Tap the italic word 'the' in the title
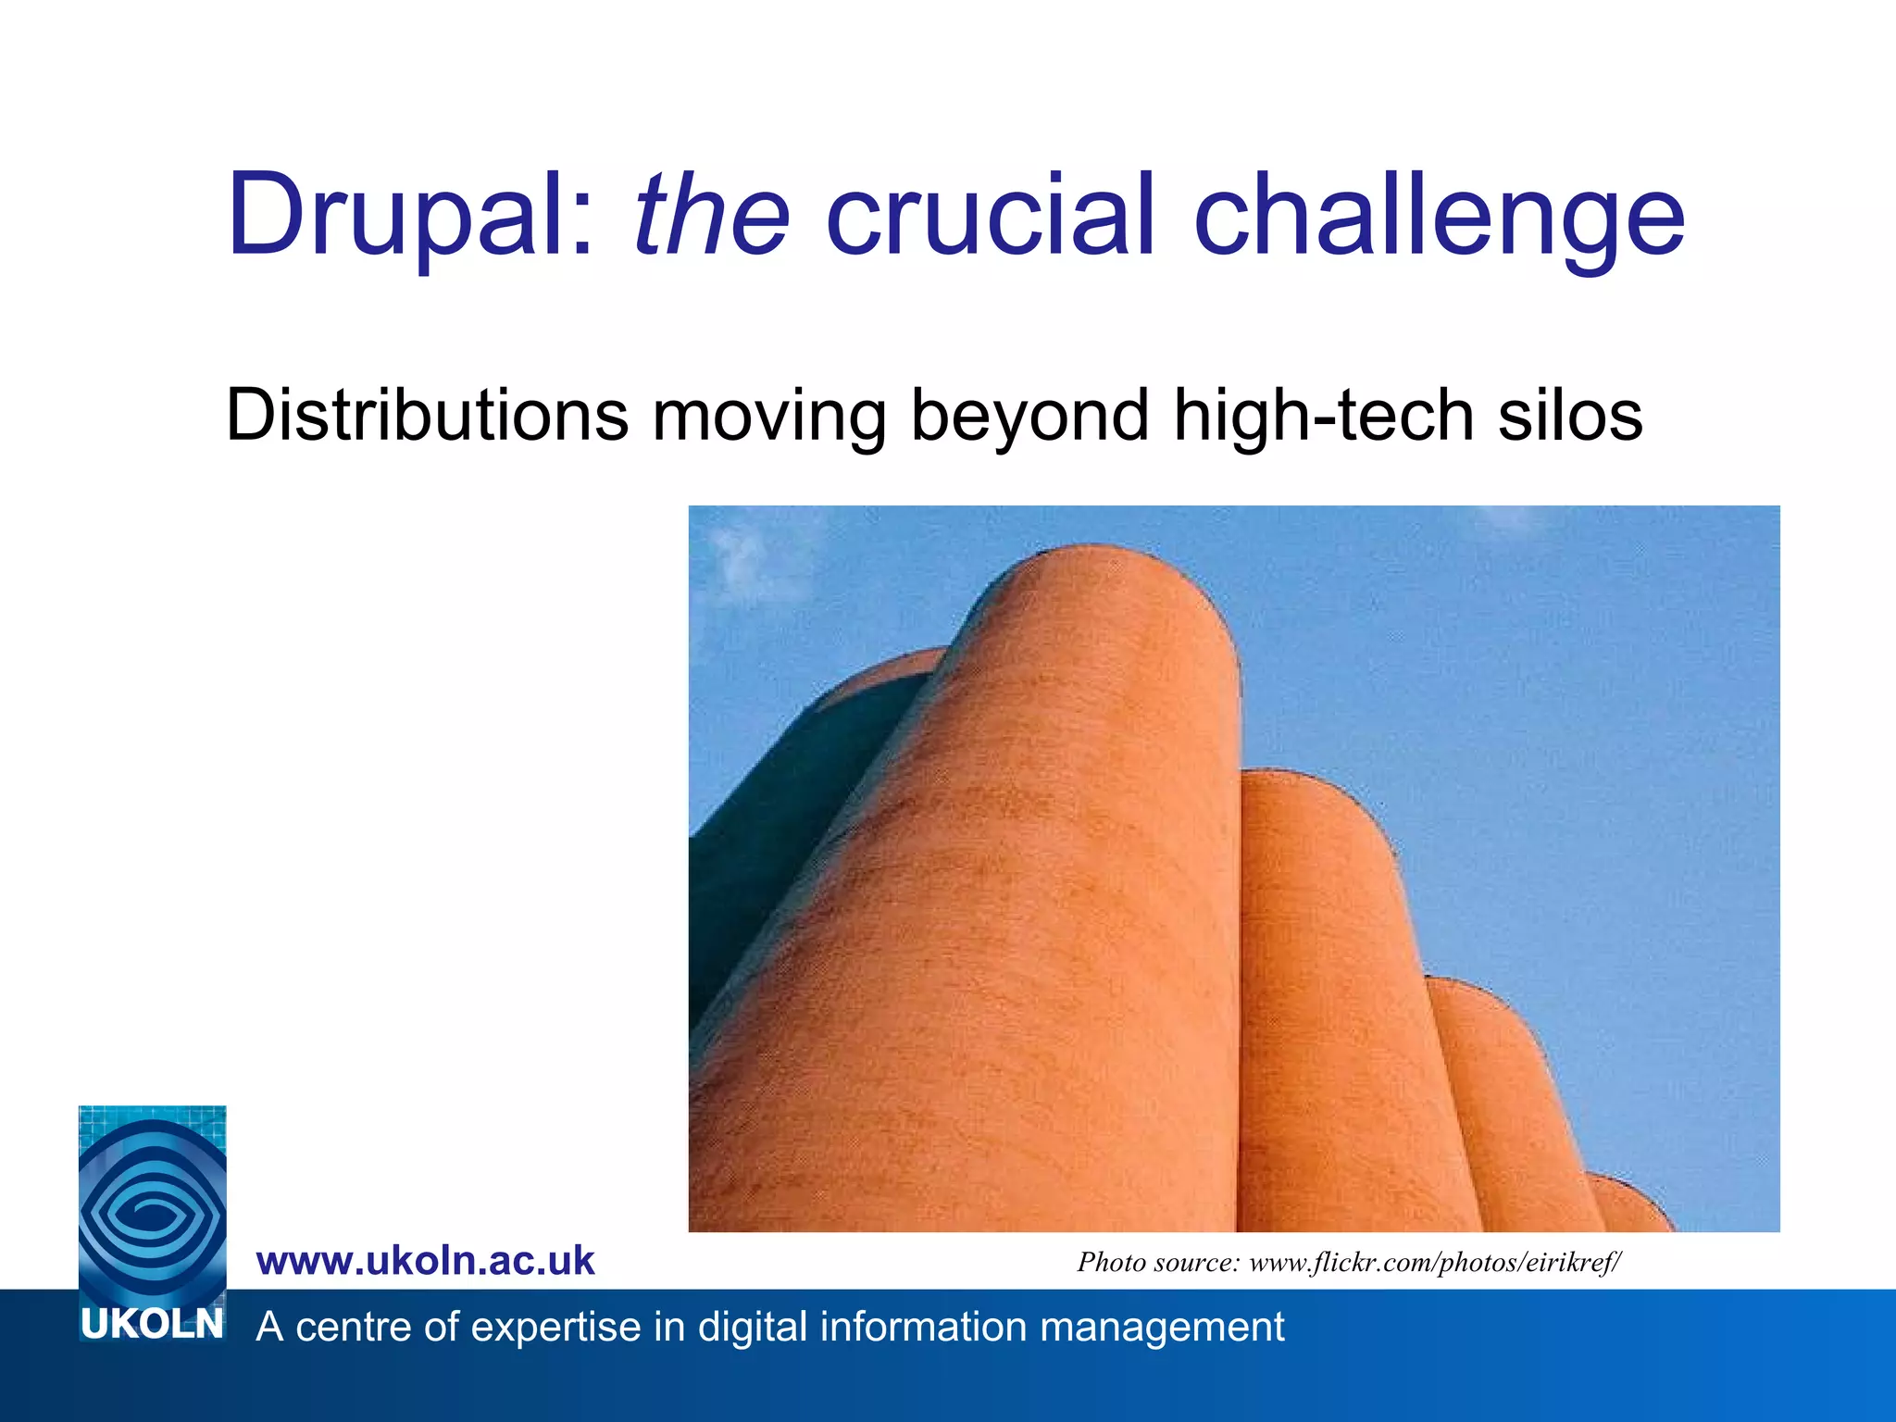pos(711,216)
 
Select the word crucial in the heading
pos(990,216)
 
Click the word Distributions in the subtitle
pos(427,415)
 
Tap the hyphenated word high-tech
pos(1323,417)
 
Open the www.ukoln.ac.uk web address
pos(425,1261)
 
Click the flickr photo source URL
pos(1435,1263)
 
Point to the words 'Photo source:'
pos(1157,1263)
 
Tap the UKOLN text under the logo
pos(153,1325)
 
